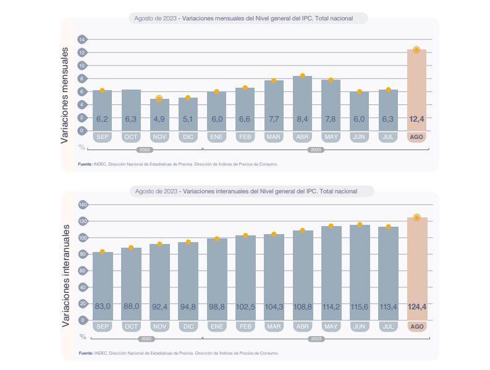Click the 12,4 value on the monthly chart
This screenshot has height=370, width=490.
tap(416, 119)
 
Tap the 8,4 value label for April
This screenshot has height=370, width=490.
tap(302, 119)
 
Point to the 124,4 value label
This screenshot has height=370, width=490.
tap(416, 306)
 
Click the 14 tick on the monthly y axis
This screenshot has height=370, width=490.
tap(82, 40)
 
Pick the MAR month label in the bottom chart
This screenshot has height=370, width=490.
tap(274, 326)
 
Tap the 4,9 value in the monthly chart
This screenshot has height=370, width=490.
tap(159, 119)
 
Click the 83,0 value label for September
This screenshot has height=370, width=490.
tap(103, 306)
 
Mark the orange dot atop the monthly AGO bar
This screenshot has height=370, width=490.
tap(416, 50)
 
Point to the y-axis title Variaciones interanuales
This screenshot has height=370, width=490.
tap(65, 266)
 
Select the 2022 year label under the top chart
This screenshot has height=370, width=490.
tap(145, 149)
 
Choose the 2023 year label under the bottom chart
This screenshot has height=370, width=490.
tap(316, 339)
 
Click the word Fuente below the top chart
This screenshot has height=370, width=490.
tap(85, 164)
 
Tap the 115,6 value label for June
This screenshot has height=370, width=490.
tap(360, 306)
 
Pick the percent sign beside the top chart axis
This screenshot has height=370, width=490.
tap(82, 147)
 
